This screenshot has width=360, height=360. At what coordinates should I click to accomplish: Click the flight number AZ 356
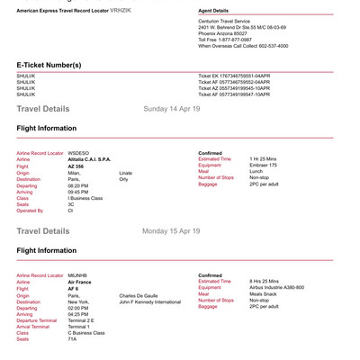coord(76,165)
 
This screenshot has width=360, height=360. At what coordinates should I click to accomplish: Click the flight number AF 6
coord(72,288)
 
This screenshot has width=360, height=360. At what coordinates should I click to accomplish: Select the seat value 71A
coord(72,338)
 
